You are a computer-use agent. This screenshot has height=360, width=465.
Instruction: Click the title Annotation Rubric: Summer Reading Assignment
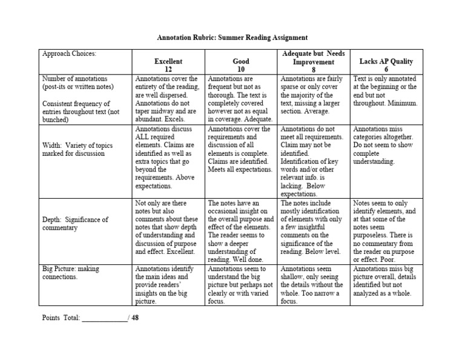coord(233,37)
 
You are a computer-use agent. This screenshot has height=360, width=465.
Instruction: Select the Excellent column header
coord(168,61)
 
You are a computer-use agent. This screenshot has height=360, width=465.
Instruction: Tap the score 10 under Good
coord(241,70)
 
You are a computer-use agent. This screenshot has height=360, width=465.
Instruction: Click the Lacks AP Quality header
coord(386,61)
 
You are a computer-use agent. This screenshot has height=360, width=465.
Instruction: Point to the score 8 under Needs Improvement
coord(314,70)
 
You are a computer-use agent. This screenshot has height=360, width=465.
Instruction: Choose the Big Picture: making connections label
coord(71,272)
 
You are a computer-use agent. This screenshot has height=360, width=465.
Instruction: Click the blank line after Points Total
coord(104,318)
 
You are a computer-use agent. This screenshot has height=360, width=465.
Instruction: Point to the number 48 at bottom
coord(135,318)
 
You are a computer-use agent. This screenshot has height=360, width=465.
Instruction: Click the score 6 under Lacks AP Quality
coord(386,70)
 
